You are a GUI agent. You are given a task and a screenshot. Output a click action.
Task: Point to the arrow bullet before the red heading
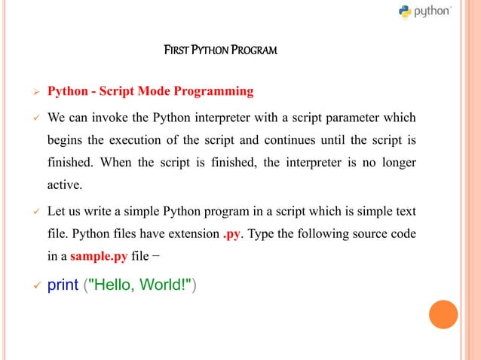(32, 93)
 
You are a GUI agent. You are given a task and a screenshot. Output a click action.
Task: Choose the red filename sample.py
(99, 256)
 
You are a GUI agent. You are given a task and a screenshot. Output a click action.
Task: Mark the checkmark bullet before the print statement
(32, 287)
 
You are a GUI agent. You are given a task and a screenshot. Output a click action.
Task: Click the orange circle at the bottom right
(443, 314)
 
